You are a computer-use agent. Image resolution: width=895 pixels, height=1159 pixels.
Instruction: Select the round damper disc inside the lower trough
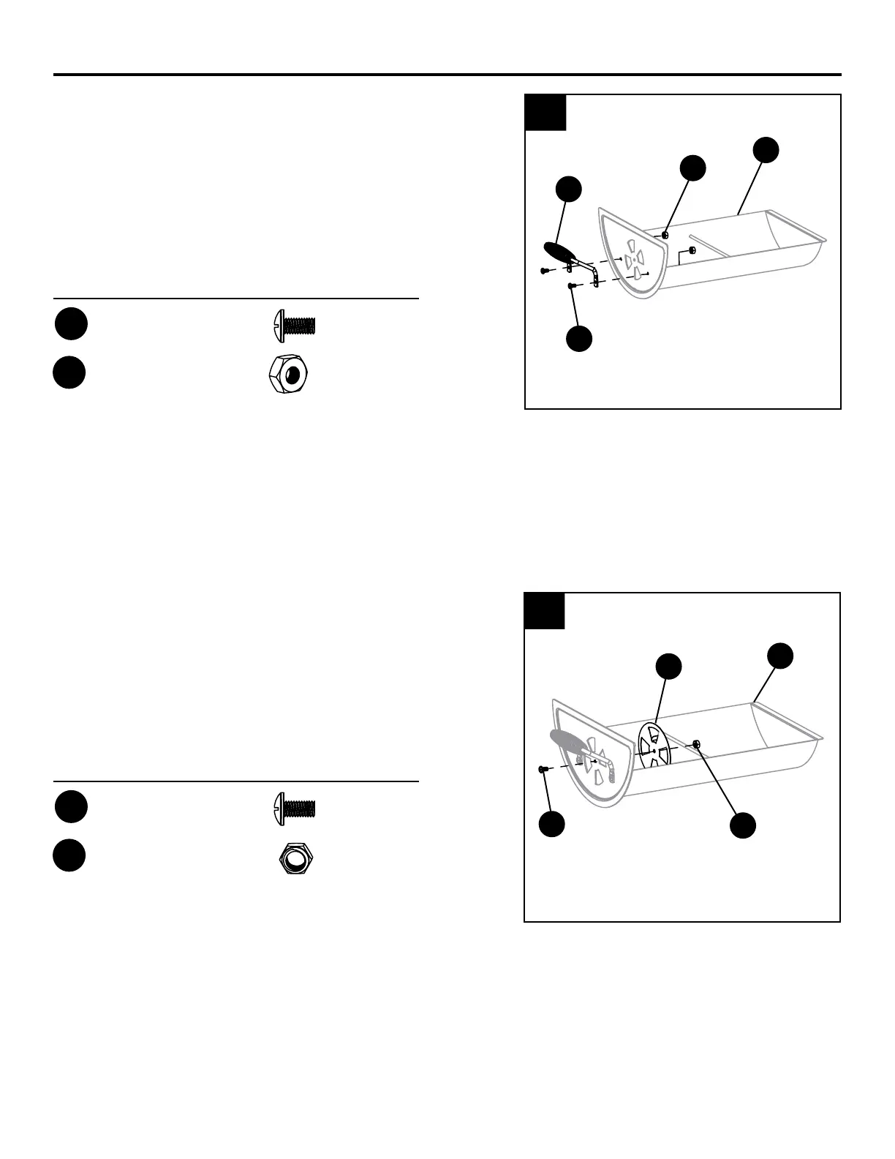654,746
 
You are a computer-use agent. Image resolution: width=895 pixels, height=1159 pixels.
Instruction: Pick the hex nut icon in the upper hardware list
290,374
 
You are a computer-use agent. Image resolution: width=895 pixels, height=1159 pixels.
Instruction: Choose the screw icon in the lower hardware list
294,808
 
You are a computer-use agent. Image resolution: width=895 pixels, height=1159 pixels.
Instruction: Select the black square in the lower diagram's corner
545,610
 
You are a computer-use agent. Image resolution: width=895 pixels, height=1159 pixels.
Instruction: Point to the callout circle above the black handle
568,188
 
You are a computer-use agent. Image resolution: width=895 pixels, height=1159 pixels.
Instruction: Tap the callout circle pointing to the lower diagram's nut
742,824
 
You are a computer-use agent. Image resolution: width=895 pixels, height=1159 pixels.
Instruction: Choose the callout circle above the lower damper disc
668,665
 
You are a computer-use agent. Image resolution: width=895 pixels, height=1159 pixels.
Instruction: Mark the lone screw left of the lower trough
543,769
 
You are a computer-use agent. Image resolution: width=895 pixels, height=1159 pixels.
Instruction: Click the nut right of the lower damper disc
696,745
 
